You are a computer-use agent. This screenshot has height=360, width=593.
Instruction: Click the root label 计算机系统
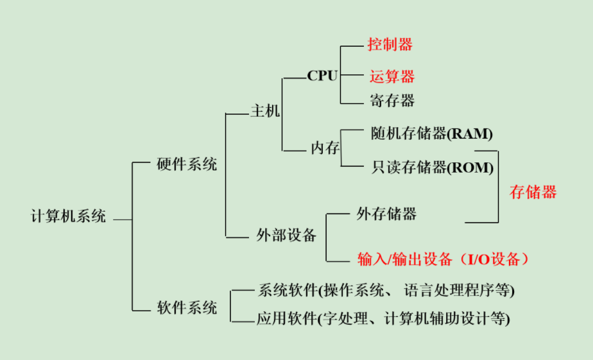69,216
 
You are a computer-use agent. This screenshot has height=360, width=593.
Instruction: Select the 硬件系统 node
187,164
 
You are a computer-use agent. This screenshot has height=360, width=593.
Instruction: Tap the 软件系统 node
187,308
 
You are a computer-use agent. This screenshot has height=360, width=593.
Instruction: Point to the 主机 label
264,111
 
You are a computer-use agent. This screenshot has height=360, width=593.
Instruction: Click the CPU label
322,76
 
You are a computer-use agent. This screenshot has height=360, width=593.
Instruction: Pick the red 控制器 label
390,44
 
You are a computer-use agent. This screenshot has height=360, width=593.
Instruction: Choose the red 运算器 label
391,76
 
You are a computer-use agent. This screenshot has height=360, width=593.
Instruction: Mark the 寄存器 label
391,100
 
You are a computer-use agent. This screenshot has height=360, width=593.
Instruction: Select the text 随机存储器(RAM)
431,133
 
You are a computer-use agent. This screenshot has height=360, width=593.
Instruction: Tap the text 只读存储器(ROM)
432,167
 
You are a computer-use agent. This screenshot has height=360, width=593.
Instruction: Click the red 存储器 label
533,192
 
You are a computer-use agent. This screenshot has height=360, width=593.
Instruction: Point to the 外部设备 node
286,236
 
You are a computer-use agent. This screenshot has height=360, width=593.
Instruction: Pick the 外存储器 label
386,214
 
